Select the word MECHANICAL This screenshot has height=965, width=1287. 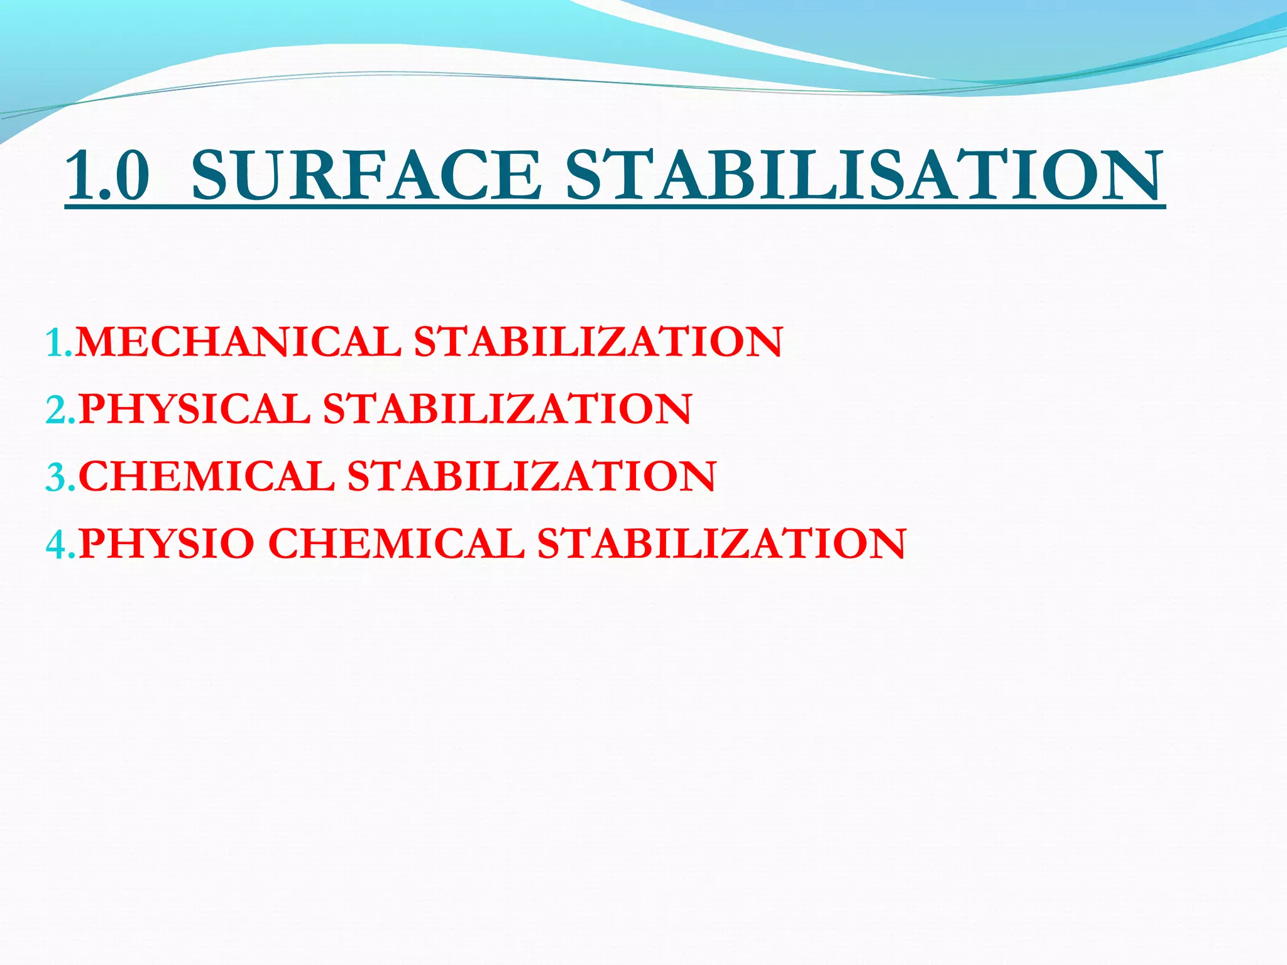(238, 342)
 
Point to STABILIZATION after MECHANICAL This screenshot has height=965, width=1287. (598, 342)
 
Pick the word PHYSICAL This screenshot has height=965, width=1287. (194, 409)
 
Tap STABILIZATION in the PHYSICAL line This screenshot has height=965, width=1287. (507, 409)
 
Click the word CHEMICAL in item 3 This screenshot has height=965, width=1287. (207, 476)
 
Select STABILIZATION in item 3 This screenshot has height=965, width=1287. (532, 476)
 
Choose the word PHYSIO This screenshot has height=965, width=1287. (167, 543)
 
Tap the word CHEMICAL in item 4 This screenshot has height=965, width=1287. (397, 543)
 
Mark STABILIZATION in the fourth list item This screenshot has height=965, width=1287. (721, 543)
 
